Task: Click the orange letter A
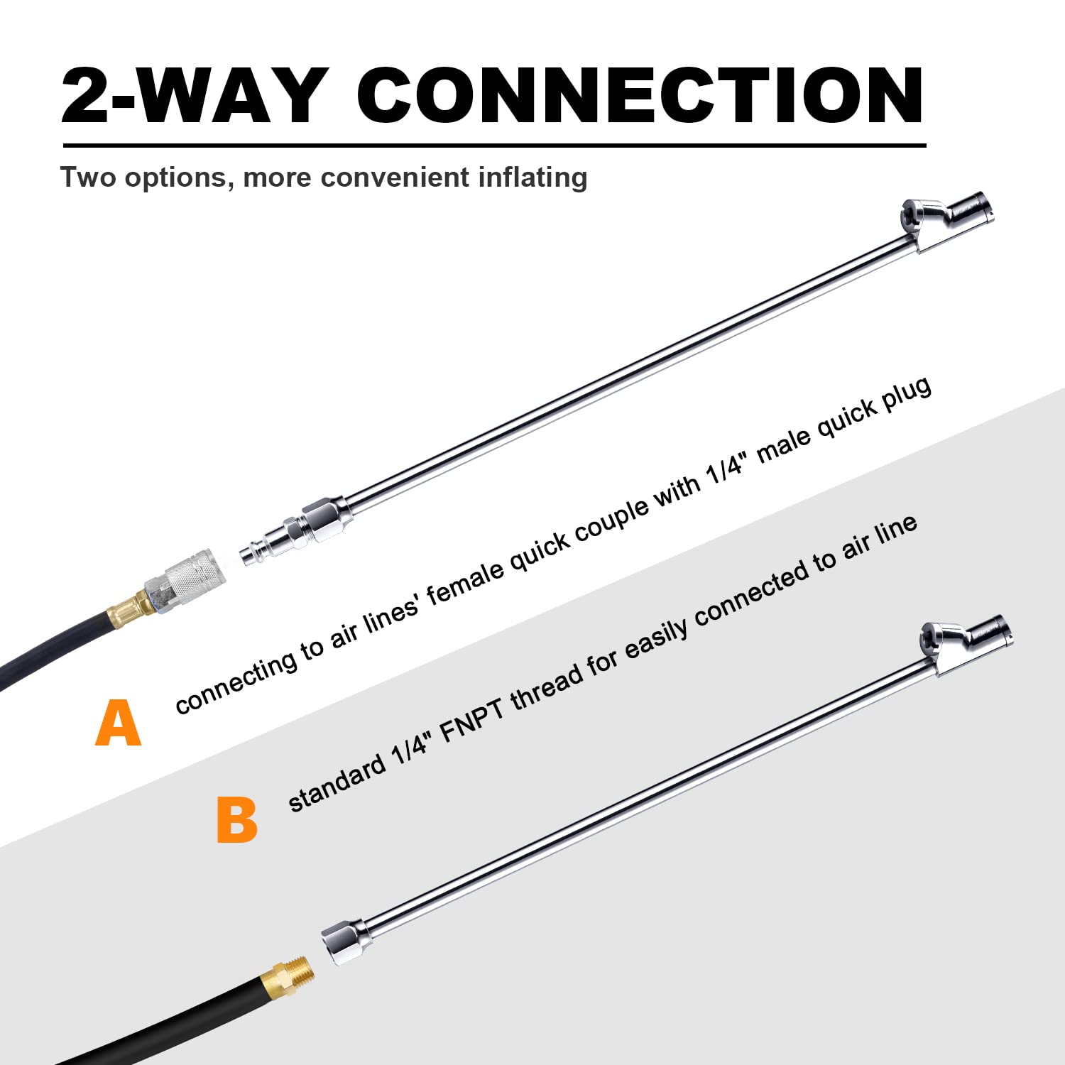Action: coord(119,723)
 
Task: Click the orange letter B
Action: coord(236,820)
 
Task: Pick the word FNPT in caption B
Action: coord(473,719)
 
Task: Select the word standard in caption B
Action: coord(337,785)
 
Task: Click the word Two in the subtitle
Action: coord(88,177)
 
